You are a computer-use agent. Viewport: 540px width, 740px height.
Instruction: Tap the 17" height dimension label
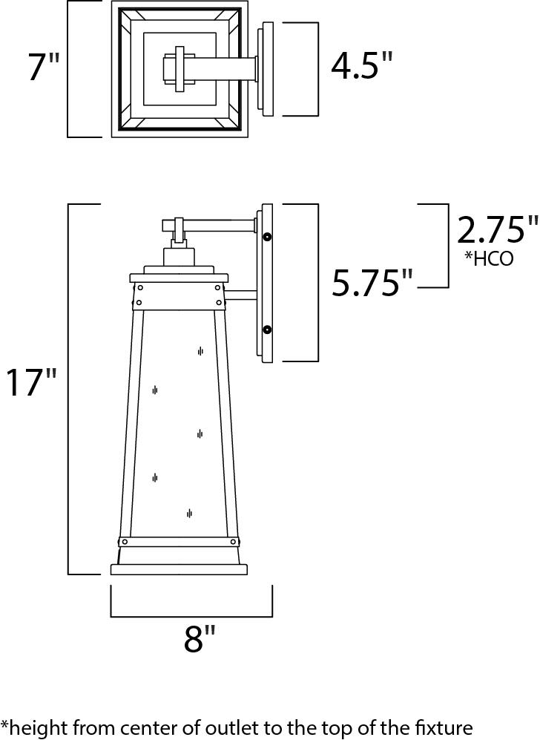[x=31, y=384]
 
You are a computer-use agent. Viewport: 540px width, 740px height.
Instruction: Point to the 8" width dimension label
[x=200, y=639]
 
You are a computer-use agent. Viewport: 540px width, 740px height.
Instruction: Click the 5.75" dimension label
[x=372, y=283]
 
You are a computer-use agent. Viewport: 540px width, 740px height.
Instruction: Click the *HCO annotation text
[x=488, y=259]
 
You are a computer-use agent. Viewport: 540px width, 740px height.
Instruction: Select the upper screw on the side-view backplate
[x=267, y=237]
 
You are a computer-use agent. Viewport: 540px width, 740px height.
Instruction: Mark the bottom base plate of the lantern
[x=179, y=570]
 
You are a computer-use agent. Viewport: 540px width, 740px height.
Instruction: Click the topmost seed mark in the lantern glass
[x=200, y=351]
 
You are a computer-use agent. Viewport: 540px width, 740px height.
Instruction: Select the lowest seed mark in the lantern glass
[x=190, y=513]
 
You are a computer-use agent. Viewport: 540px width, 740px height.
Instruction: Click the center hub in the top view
[x=178, y=70]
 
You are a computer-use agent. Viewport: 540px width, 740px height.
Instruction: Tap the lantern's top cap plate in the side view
[x=179, y=278]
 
